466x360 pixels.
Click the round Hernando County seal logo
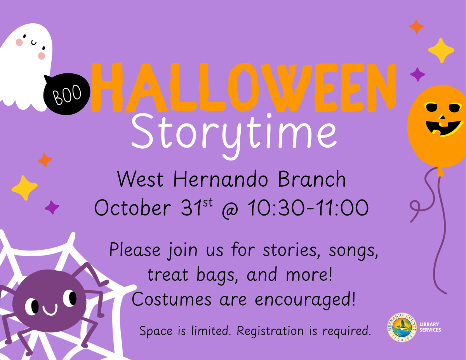pos(402,327)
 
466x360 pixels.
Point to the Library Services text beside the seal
pos(430,327)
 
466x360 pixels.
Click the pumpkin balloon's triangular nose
pos(442,116)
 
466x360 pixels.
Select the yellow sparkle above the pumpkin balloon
pos(441,50)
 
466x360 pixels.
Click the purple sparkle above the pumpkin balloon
pos(417,74)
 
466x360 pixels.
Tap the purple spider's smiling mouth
pos(50,310)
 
